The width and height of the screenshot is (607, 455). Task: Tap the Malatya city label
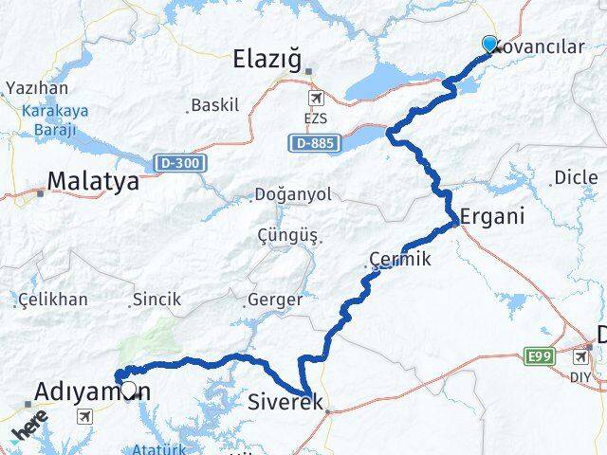pos(93,181)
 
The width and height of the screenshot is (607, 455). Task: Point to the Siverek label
pos(285,402)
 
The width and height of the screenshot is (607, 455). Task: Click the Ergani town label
pos(492,215)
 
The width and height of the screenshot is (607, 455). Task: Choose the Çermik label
pos(399,259)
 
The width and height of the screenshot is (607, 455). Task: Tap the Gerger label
pos(274,300)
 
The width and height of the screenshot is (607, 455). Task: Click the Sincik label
pos(156,300)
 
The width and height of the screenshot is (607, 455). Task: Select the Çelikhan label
pos(54,300)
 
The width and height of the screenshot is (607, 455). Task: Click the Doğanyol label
pos(292,195)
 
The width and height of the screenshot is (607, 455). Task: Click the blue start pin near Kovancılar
pos(489,44)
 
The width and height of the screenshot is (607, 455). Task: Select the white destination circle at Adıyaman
pos(128,387)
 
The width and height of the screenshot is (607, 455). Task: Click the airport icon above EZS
pos(315,98)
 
